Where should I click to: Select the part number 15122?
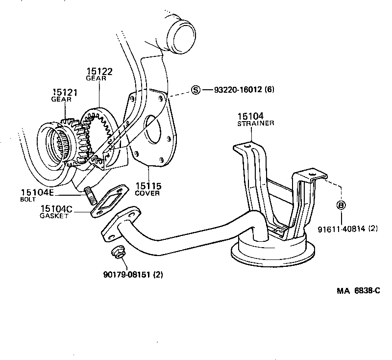(99, 72)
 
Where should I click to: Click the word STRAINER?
(256, 124)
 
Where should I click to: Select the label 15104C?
(56, 209)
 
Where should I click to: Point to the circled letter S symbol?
(196, 90)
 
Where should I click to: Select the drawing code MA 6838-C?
(358, 290)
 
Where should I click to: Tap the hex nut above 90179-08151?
(117, 254)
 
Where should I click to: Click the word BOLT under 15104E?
(27, 200)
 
